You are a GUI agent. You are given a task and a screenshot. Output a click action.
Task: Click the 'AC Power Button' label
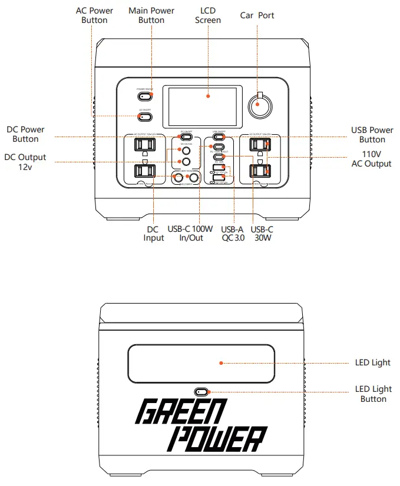point(94,15)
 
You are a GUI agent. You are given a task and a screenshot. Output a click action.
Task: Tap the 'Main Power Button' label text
point(151,15)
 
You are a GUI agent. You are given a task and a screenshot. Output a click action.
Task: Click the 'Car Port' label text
point(257,15)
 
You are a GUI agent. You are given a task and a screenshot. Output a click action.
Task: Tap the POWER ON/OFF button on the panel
point(145,95)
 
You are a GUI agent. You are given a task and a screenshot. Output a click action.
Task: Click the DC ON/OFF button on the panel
point(185,138)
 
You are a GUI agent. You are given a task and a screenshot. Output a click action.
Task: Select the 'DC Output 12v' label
point(25,162)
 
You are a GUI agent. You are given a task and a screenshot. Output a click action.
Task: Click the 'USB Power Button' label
point(372,135)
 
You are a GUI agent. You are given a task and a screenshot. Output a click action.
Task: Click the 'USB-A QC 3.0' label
point(232,233)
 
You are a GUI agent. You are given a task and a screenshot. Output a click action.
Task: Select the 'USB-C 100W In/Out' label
point(192,233)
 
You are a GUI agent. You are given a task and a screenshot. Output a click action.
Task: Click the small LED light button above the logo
point(201,391)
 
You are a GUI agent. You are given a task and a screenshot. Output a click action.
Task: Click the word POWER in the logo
point(216,439)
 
